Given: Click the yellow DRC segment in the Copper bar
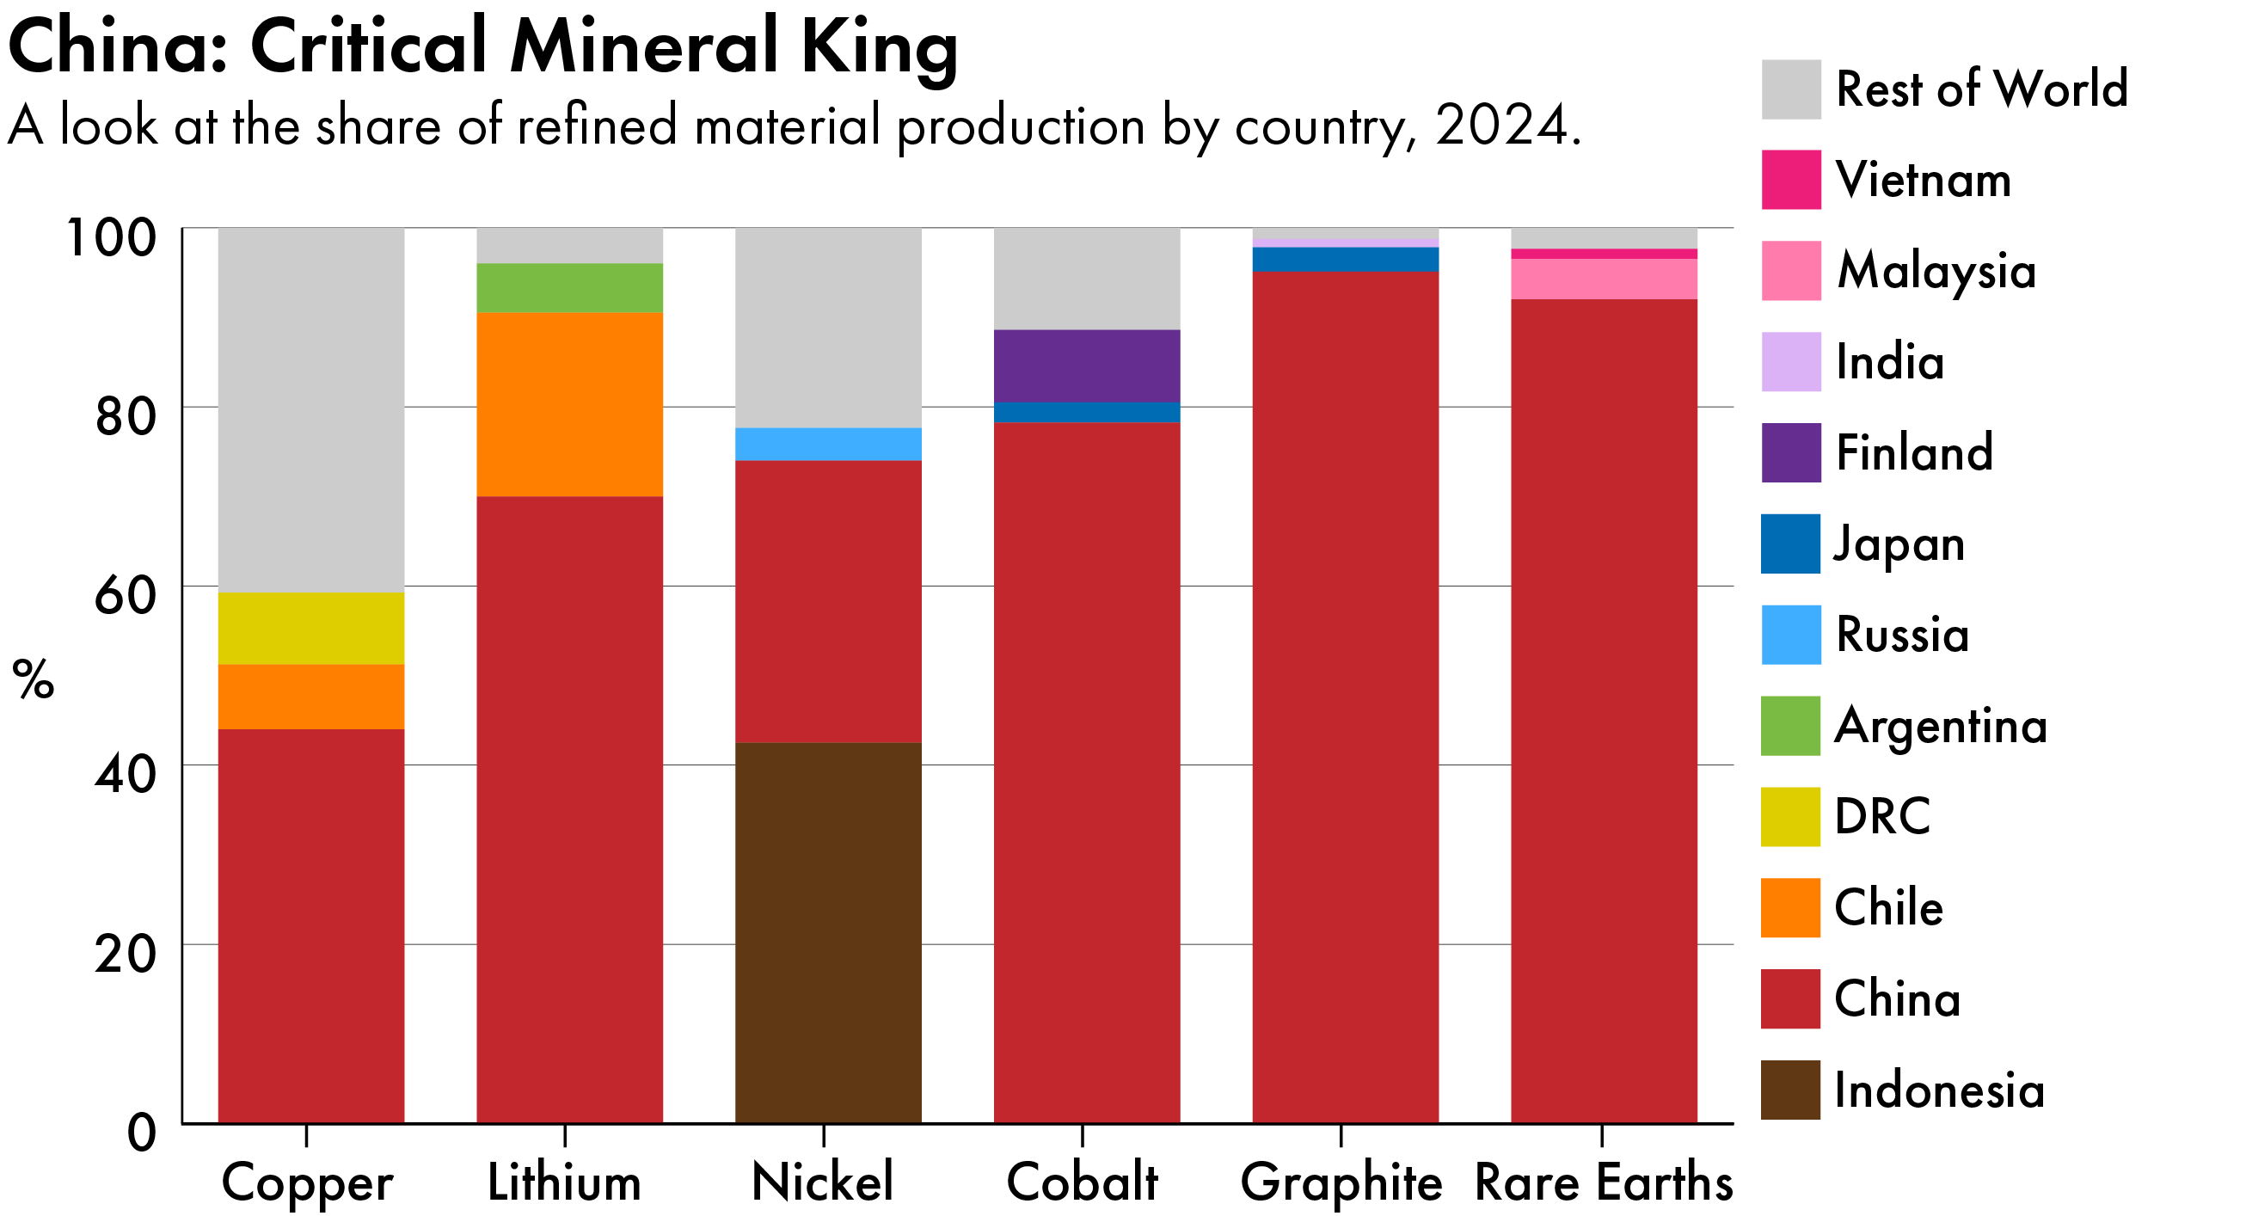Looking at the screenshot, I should click(x=311, y=629).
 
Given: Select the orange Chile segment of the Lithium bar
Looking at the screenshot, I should click(x=569, y=404).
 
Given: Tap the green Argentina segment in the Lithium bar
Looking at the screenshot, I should click(x=569, y=287).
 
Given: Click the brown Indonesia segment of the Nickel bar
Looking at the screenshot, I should click(x=828, y=933).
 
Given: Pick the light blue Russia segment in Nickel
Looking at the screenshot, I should click(x=828, y=444).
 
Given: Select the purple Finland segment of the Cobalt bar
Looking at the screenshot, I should click(x=1087, y=366).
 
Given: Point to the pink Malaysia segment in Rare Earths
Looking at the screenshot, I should click(x=1605, y=279).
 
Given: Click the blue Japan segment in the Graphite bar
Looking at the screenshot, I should click(x=1346, y=260).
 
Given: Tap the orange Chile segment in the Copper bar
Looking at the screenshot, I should click(x=311, y=697).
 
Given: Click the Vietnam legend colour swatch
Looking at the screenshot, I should click(x=1791, y=180).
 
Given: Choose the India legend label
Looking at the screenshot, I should click(x=1889, y=362).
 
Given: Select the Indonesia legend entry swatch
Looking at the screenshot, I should click(x=1791, y=1090).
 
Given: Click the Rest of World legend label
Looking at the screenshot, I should click(x=1982, y=89).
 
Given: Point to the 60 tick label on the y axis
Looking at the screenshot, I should click(x=125, y=595).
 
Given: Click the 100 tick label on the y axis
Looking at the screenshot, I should click(x=112, y=237).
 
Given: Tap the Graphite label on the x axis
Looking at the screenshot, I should click(x=1341, y=1182).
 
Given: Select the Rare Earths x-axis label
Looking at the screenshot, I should click(x=1604, y=1182).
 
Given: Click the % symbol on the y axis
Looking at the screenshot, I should click(x=34, y=679).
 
